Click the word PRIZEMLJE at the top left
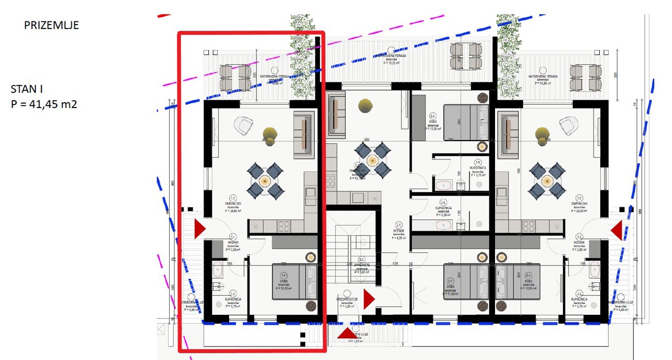51,25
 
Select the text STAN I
27,88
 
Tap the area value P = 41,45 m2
44,104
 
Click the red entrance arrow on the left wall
199,228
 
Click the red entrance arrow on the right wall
617,230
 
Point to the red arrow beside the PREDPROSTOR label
368,299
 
